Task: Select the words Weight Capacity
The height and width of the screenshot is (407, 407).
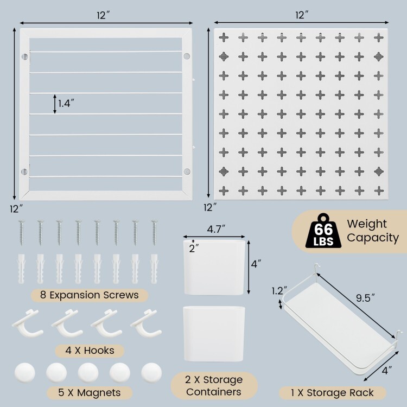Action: pyautogui.click(x=372, y=230)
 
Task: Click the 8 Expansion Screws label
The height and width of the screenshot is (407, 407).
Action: pyautogui.click(x=81, y=295)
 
